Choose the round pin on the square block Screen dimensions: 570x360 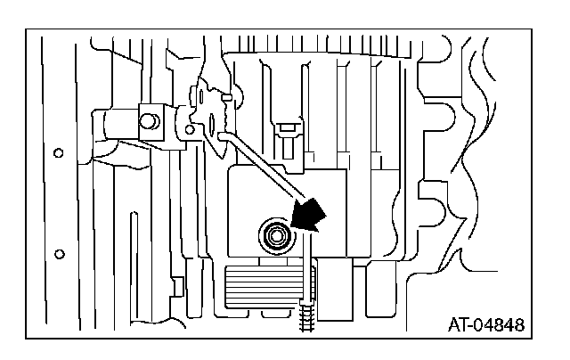(146, 115)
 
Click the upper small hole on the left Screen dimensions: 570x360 (59, 152)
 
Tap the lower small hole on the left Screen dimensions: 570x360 (59, 251)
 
